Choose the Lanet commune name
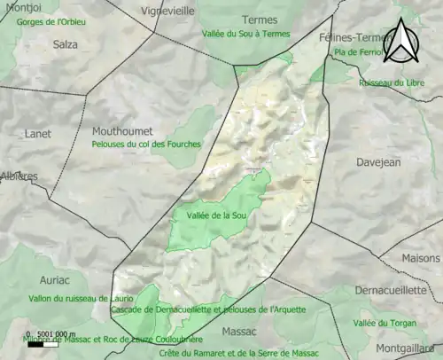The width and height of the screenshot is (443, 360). [x=25, y=135]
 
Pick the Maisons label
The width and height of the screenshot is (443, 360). [x=420, y=259]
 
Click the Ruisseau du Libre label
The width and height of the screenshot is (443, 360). [x=392, y=83]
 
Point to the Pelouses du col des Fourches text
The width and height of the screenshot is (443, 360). [x=146, y=144]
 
